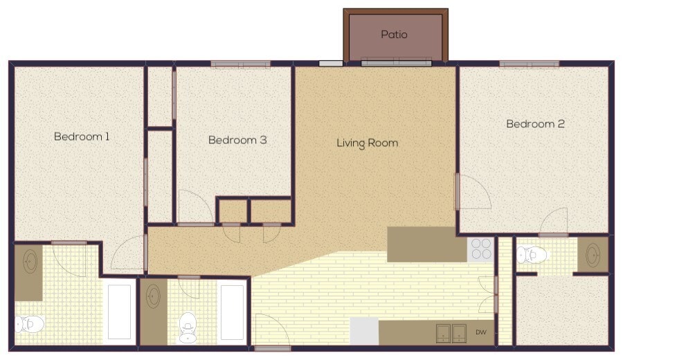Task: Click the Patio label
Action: click(x=394, y=34)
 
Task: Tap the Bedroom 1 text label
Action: click(x=82, y=136)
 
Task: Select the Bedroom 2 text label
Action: click(x=535, y=124)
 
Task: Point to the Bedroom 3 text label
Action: click(x=237, y=140)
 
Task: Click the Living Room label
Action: click(x=367, y=143)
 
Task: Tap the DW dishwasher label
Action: click(x=480, y=333)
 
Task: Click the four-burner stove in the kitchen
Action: click(x=480, y=249)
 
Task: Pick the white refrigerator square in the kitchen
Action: click(x=364, y=332)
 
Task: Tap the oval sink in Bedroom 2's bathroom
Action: click(x=593, y=254)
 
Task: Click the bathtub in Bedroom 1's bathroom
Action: click(x=120, y=312)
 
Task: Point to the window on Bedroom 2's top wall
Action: click(x=529, y=64)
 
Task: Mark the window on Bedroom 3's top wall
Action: click(x=240, y=64)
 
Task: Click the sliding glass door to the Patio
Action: click(x=396, y=63)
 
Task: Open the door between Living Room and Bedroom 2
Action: click(x=472, y=192)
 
